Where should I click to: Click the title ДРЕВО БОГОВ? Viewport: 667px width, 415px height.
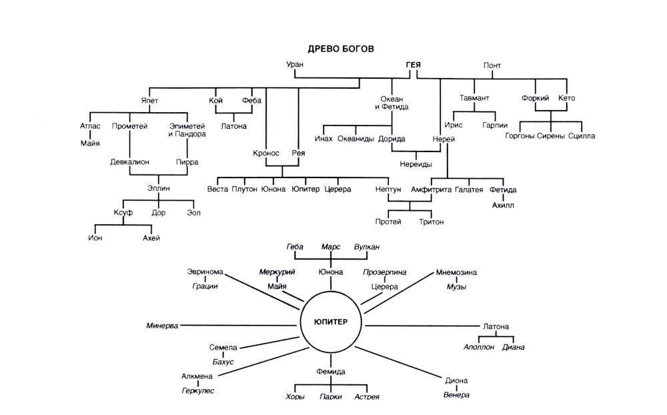(341, 49)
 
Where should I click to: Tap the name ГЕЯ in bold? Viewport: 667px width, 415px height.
(414, 65)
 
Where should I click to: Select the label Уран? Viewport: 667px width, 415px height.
(295, 65)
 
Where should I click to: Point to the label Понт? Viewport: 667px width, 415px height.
(492, 65)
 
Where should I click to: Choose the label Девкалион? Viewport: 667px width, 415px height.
(129, 161)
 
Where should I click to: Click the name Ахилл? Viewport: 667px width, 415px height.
(504, 205)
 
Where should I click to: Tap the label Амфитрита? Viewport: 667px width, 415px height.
(430, 189)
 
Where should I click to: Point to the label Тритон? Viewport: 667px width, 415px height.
(431, 222)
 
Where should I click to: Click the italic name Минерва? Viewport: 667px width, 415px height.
(163, 326)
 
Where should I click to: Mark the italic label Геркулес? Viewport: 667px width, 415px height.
(197, 390)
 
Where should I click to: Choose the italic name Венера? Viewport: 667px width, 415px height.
(456, 394)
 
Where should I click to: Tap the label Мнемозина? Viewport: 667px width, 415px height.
(456, 272)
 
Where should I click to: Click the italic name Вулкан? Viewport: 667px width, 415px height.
(367, 247)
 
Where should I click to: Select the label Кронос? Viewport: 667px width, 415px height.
(265, 153)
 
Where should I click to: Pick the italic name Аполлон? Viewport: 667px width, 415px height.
(479, 347)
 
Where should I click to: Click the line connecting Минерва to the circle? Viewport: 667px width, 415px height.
(240, 326)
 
